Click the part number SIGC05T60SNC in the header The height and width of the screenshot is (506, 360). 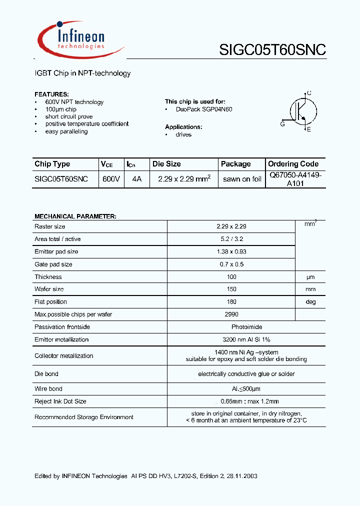[x=272, y=49]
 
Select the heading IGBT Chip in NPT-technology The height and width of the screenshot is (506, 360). [x=82, y=73]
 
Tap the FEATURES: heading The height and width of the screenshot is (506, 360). [x=51, y=94]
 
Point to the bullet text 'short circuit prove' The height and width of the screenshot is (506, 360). [x=69, y=116]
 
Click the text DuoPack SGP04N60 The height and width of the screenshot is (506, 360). [x=204, y=109]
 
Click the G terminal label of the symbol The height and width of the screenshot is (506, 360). [x=282, y=124]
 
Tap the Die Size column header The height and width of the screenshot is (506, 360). [x=166, y=164]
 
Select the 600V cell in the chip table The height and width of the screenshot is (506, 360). [x=111, y=178]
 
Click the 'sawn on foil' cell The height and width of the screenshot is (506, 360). [x=242, y=179]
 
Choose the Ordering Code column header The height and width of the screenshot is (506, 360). [x=293, y=164]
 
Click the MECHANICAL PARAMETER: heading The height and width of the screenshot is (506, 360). [x=75, y=216]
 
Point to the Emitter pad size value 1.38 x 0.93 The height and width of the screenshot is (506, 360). [x=231, y=251]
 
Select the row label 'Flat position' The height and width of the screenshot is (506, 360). [x=50, y=301]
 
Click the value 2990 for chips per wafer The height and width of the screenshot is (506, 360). [x=231, y=314]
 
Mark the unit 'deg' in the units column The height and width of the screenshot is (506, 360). [x=310, y=302]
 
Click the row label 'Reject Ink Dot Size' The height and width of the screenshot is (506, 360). [x=60, y=401]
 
